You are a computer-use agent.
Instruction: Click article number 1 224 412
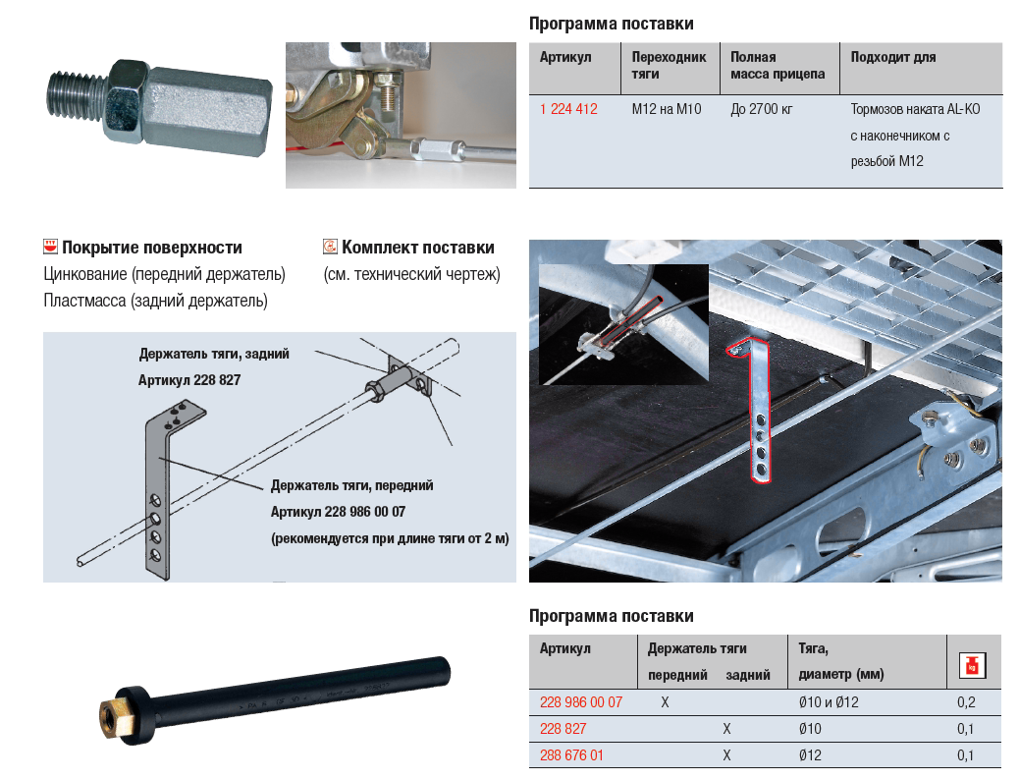pyautogui.click(x=568, y=109)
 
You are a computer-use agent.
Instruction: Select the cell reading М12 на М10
pyautogui.click(x=666, y=109)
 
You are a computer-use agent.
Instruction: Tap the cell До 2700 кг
pyautogui.click(x=761, y=109)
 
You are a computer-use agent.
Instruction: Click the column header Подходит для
pyautogui.click(x=892, y=57)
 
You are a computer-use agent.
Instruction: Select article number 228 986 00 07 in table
pyautogui.click(x=581, y=702)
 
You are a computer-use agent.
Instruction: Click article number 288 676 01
pyautogui.click(x=571, y=755)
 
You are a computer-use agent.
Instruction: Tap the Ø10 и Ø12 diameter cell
pyautogui.click(x=830, y=702)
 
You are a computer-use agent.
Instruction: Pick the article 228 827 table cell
pyautogui.click(x=563, y=729)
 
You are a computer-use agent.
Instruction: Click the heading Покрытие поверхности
pyautogui.click(x=151, y=248)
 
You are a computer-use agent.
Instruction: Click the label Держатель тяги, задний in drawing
pyautogui.click(x=214, y=354)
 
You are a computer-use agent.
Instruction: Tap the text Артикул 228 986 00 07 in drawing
pyautogui.click(x=338, y=512)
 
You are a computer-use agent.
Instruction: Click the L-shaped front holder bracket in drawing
pyautogui.click(x=157, y=491)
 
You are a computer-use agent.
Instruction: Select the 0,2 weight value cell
pyautogui.click(x=966, y=702)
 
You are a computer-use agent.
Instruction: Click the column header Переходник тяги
pyautogui.click(x=669, y=65)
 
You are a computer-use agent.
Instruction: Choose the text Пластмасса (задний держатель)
pyautogui.click(x=155, y=301)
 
